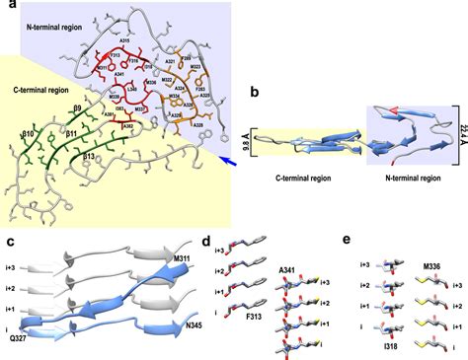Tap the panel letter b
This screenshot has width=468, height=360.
coord(255,95)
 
